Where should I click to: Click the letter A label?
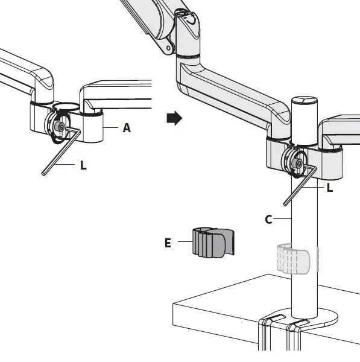[x=127, y=128]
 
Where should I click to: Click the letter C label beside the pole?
[x=268, y=220]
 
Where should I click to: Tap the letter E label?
[x=168, y=243]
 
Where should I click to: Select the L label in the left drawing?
[x=83, y=165]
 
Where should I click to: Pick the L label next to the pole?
[x=330, y=188]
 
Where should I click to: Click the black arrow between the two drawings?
[x=174, y=118]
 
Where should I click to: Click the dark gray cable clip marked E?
[x=213, y=242]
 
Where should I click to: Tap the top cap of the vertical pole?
[x=305, y=100]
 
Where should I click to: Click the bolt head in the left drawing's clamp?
[x=60, y=127]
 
